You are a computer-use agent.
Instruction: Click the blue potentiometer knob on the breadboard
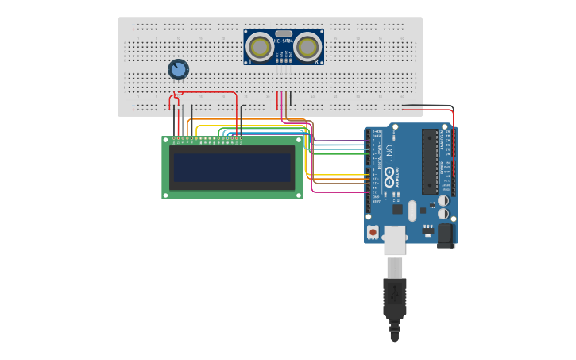click(x=178, y=70)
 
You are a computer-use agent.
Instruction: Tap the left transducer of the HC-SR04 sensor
click(x=259, y=47)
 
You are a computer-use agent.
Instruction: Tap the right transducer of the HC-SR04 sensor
click(x=307, y=47)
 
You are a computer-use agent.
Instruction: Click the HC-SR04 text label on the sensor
click(x=284, y=41)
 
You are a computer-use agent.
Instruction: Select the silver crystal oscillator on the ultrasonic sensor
click(x=284, y=33)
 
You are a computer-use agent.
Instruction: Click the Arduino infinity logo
click(x=389, y=174)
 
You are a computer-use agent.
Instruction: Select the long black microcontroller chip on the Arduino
click(x=430, y=161)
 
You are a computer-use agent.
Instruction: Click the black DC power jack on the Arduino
click(x=446, y=234)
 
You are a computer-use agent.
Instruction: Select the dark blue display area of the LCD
click(x=232, y=168)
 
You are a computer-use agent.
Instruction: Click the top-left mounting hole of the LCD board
click(x=166, y=141)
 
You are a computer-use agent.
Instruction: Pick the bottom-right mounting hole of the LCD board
click(x=299, y=194)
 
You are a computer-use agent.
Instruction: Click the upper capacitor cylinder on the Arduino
click(x=443, y=200)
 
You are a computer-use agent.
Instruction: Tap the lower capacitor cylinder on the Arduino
click(x=443, y=213)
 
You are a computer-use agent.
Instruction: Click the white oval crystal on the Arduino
click(x=412, y=211)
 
